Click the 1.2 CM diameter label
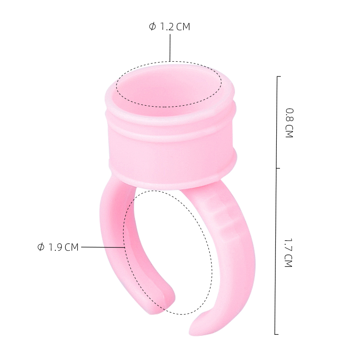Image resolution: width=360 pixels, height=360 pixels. [x=170, y=27]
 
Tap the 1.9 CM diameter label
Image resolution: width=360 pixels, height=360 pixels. [x=58, y=247]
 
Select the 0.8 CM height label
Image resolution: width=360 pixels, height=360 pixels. [x=289, y=123]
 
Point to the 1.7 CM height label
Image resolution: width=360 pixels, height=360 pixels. [x=288, y=253]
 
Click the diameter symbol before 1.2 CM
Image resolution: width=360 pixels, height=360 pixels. [x=152, y=27]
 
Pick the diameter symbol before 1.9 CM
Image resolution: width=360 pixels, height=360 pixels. [x=40, y=247]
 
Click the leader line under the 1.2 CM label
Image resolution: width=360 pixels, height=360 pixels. [x=170, y=48]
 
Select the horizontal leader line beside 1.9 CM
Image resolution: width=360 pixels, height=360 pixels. [x=103, y=247]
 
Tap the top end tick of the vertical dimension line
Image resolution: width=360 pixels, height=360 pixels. [x=279, y=76]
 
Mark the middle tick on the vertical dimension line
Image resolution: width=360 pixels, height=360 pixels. [x=278, y=168]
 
